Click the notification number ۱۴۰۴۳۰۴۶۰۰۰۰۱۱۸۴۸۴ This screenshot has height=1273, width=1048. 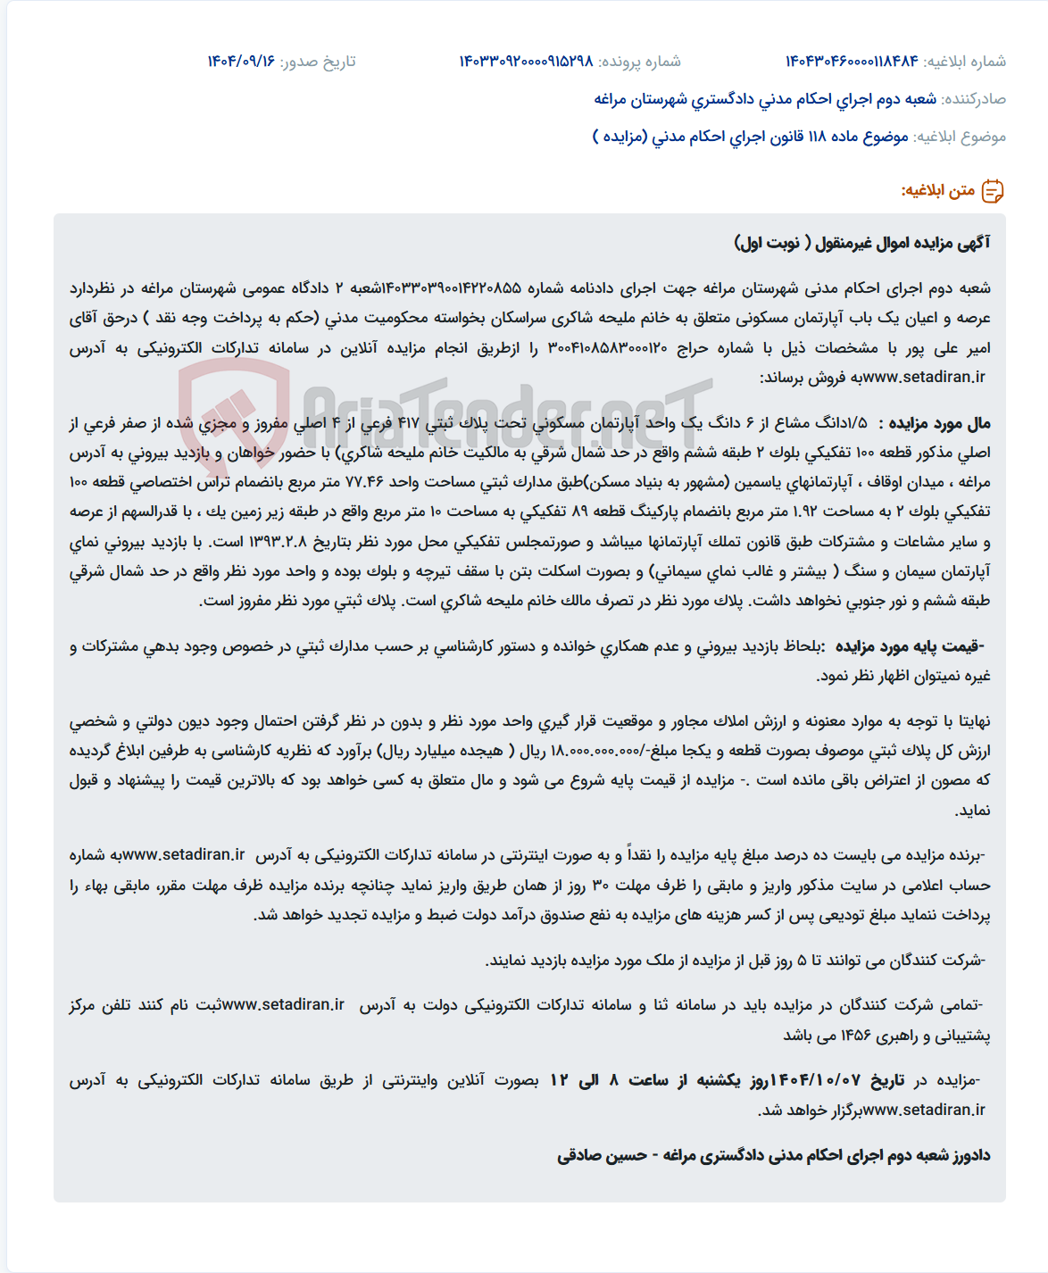pyautogui.click(x=852, y=62)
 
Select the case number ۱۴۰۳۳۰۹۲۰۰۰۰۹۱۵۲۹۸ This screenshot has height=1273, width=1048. pyautogui.click(x=526, y=62)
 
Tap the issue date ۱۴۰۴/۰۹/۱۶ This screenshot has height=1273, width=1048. pyautogui.click(x=241, y=62)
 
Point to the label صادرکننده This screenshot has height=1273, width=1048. pyautogui.click(x=974, y=99)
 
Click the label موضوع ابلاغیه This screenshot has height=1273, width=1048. pyautogui.click(x=960, y=137)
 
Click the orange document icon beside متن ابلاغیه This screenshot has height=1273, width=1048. pyautogui.click(x=993, y=191)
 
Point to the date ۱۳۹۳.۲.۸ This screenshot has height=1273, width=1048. pyautogui.click(x=278, y=542)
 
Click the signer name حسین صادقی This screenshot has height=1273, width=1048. pyautogui.click(x=603, y=1156)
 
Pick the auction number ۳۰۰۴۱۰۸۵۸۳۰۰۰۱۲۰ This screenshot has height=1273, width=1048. pyautogui.click(x=607, y=348)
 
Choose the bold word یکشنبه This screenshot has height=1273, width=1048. pyautogui.click(x=719, y=1080)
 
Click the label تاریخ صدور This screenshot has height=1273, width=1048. pyautogui.click(x=318, y=62)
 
